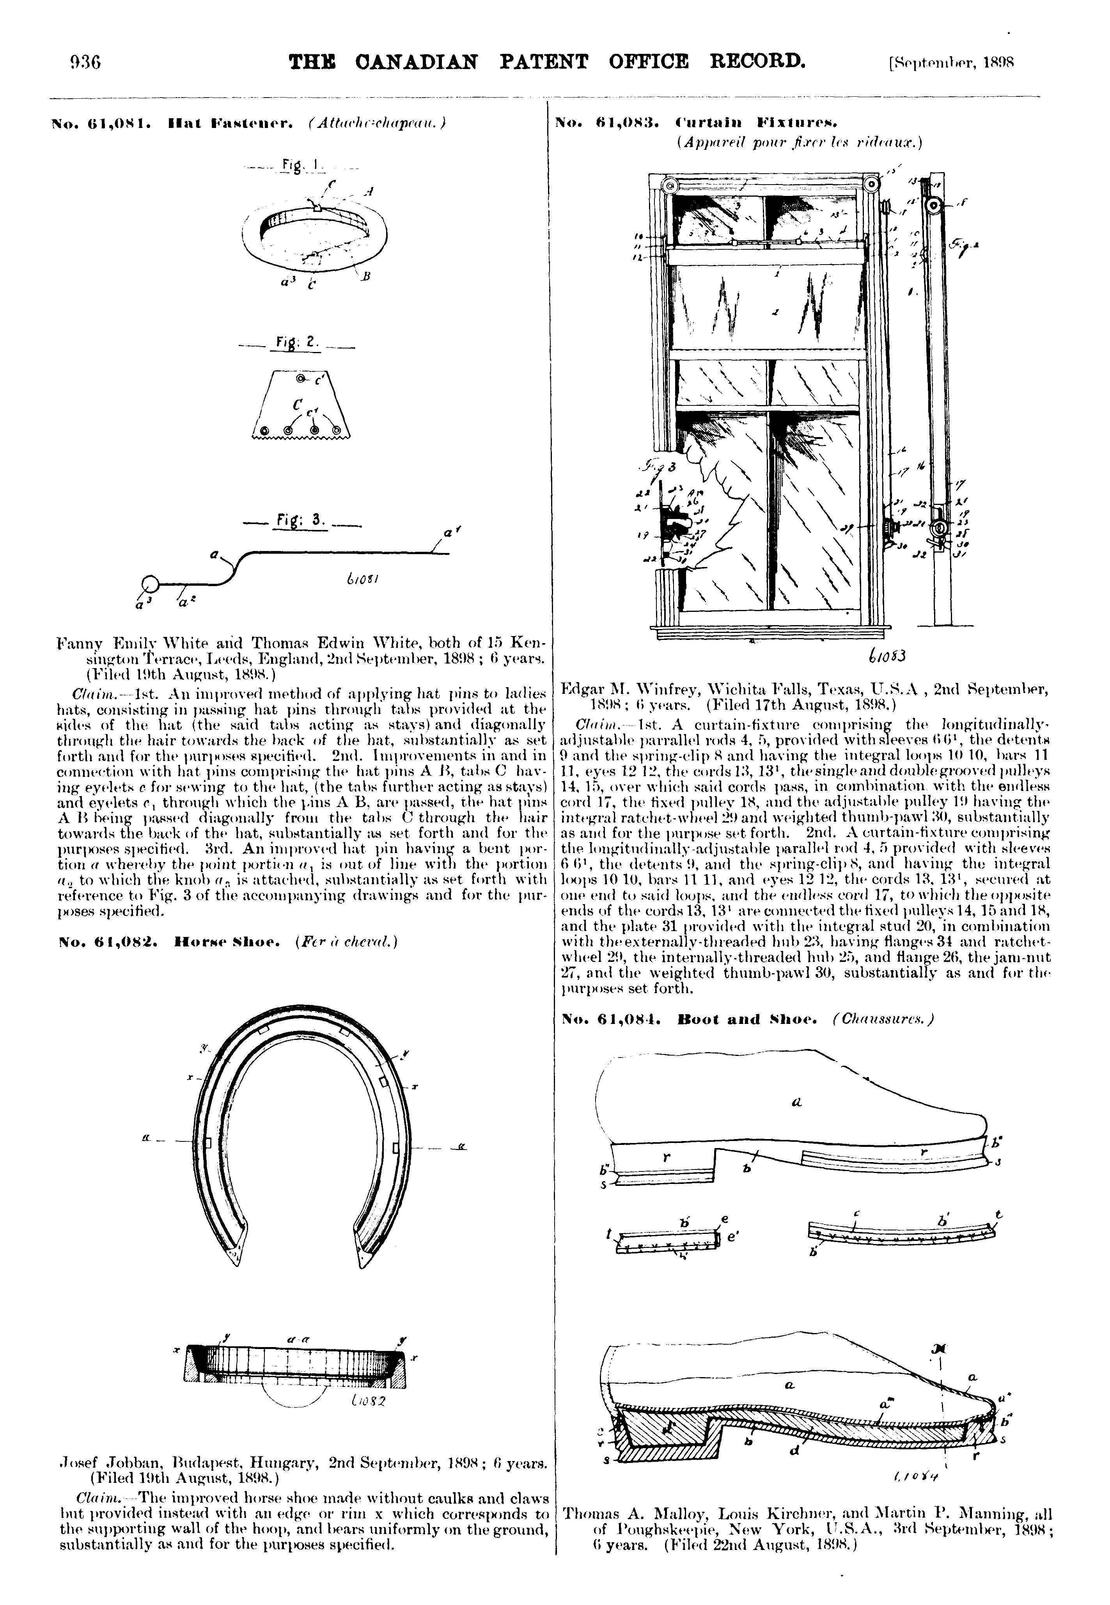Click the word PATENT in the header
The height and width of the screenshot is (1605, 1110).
click(543, 62)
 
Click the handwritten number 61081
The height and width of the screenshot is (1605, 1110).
click(360, 579)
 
